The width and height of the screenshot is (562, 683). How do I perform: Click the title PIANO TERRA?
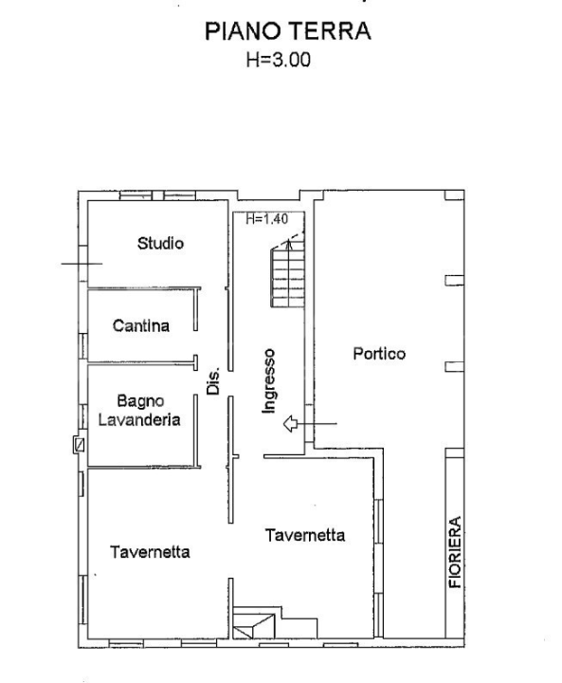pos(287,31)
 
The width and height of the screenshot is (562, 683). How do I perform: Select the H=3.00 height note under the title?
pos(279,59)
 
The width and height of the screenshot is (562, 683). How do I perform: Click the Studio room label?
pos(160,244)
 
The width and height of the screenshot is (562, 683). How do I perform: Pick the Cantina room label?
pos(140,326)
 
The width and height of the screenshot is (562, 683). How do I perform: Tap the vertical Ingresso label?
pos(270,380)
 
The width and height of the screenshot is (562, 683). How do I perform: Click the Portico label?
pos(379,354)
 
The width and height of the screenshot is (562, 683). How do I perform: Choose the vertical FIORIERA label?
pos(455,552)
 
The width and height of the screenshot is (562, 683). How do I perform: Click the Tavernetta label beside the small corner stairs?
pos(305,535)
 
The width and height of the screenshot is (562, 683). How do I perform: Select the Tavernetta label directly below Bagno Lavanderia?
pos(150,552)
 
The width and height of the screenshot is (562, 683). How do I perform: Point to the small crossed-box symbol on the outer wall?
pos(79,443)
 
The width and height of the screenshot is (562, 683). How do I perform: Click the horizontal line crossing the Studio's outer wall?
pos(82,263)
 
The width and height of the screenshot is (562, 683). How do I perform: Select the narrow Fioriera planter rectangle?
pos(455,545)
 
